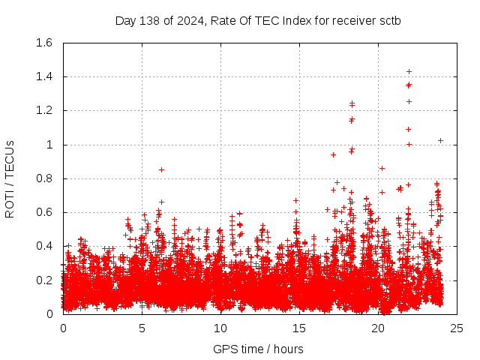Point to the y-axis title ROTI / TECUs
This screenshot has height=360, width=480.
point(10,178)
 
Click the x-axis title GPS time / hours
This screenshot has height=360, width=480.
point(258,349)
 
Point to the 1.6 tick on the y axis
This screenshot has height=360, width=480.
point(43,43)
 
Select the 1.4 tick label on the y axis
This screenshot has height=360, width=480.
point(43,76)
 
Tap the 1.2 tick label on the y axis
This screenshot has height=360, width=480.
point(43,110)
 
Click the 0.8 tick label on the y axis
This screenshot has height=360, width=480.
point(43,178)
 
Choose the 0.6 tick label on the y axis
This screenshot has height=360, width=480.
point(43,212)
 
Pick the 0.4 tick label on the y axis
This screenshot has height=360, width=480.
point(43,246)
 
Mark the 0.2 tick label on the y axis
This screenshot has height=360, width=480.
point(43,280)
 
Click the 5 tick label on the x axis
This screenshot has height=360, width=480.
point(142,328)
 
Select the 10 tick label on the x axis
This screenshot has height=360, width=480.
point(220,328)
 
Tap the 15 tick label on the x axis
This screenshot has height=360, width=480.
point(298,328)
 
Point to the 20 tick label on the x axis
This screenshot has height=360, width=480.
point(377,328)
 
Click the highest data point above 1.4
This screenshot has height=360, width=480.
point(409,71)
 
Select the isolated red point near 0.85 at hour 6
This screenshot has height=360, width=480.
point(161,169)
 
